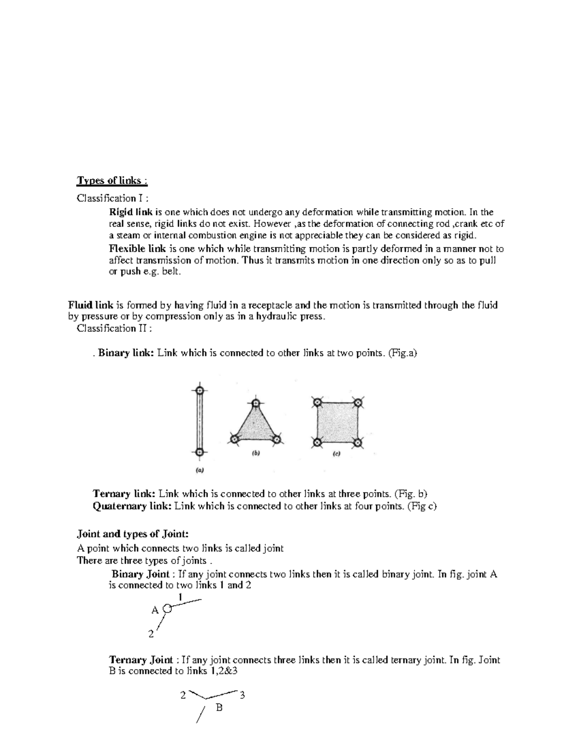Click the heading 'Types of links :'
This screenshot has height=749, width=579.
coord(112,181)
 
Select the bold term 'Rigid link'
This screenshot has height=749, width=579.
coord(131,212)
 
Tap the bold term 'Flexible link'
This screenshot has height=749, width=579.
coord(138,249)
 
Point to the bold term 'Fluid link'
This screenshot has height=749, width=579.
coord(91,305)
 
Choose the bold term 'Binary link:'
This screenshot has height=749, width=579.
coord(126,353)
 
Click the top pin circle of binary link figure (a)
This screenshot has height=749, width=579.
coord(200,390)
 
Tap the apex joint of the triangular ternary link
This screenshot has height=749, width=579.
coord(256,403)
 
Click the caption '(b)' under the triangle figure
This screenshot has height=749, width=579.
coord(256,453)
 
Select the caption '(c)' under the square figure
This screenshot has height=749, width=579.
coord(336,454)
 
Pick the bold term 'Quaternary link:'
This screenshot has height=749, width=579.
coord(132,506)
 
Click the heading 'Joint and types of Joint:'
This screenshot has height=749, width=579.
coord(133,534)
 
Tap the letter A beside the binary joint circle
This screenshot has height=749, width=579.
coord(155,610)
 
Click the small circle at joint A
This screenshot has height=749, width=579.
coord(167,609)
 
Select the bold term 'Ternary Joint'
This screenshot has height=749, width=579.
coord(141,660)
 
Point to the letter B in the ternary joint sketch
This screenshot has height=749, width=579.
coord(219,708)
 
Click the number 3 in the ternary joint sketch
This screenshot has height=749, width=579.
coord(242,695)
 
